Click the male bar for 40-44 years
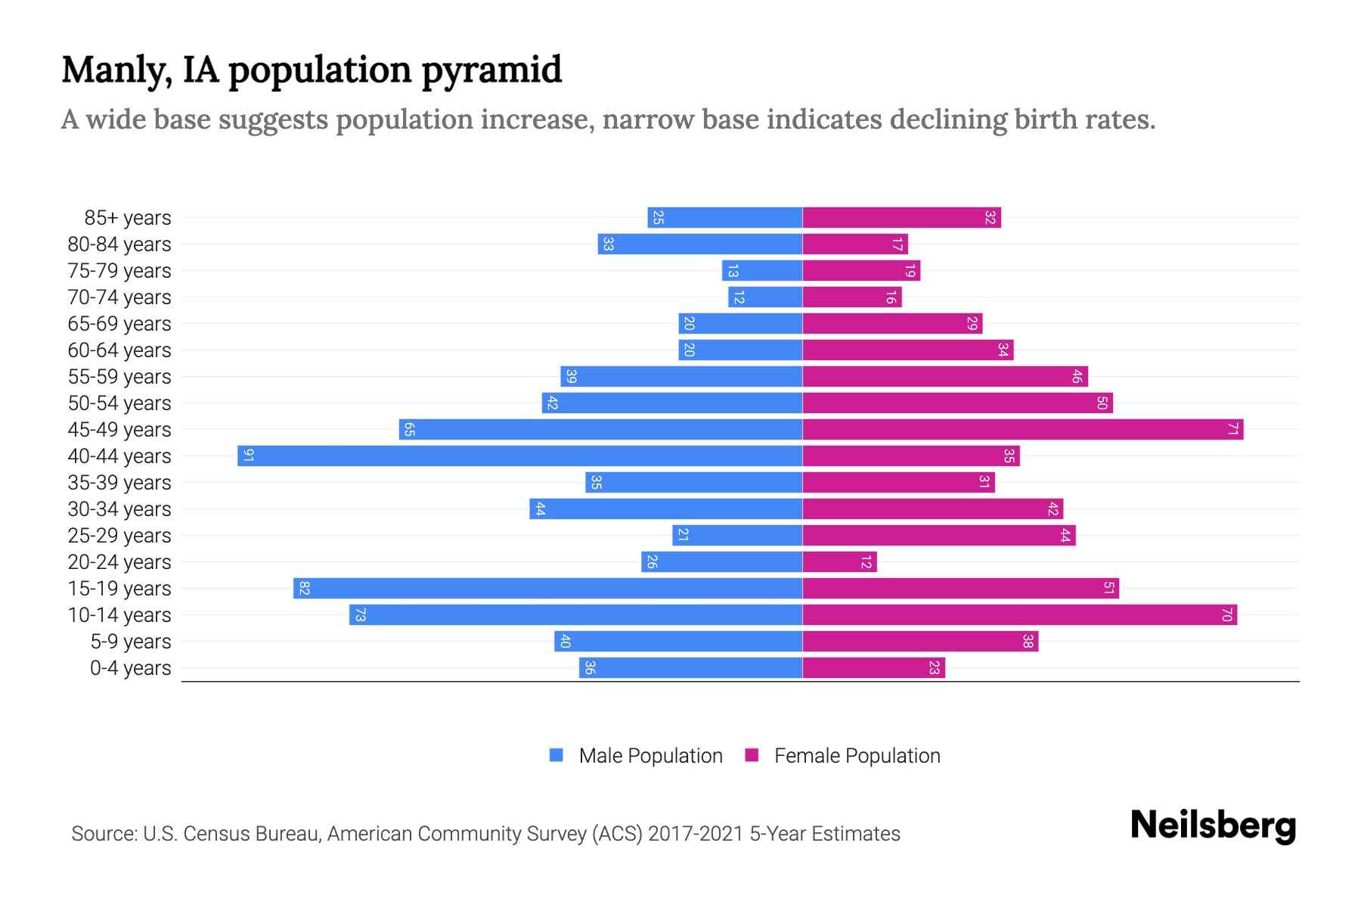point(519,456)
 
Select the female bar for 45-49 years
point(1022,429)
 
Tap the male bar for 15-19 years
point(547,588)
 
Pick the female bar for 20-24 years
point(839,561)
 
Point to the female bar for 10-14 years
point(1019,614)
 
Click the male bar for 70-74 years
point(764,297)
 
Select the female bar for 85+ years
point(901,217)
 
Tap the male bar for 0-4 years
point(690,667)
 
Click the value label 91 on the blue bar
point(248,456)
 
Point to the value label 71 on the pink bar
point(1232,429)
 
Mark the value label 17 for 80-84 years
point(897,244)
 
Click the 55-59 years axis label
point(119,377)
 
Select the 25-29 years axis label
point(119,536)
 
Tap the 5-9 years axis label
point(131,642)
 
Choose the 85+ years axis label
point(128,218)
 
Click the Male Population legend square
point(556,755)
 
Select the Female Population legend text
point(857,755)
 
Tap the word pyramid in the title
point(491,70)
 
